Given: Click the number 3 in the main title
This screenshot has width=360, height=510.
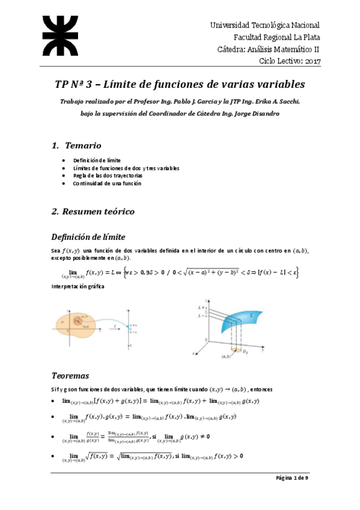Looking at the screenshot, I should [90, 84].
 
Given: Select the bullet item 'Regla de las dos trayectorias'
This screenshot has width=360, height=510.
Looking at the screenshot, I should [108, 176].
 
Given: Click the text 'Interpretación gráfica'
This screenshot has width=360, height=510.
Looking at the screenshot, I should [78, 287].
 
